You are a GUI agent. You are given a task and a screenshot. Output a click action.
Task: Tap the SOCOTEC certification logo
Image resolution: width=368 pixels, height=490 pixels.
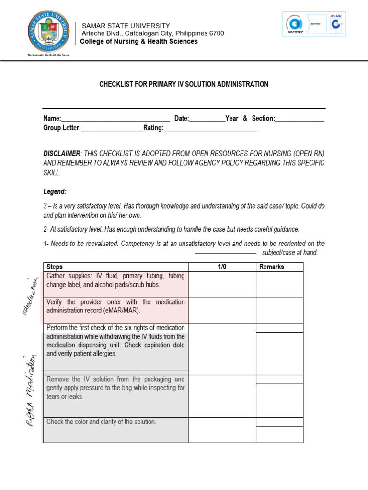[x=302, y=24]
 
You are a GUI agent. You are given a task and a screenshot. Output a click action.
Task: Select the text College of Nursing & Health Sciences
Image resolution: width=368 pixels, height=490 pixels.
[x=138, y=42]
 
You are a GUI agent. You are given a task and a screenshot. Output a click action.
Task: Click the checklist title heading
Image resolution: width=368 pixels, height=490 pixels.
[x=184, y=84]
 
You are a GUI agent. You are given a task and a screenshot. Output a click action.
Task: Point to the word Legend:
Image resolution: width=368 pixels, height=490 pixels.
[x=55, y=191]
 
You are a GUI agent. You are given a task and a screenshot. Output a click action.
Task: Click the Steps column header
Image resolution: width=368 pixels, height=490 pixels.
[x=54, y=267]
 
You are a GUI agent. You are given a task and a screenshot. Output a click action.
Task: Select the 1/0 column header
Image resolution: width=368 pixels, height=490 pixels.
[x=222, y=267]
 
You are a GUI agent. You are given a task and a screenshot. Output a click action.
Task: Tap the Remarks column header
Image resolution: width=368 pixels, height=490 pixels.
[x=272, y=267]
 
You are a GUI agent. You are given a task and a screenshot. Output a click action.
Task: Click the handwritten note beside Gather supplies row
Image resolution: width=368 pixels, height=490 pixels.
[x=30, y=297]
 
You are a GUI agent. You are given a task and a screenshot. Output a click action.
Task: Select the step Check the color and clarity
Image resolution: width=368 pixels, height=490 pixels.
[x=101, y=422]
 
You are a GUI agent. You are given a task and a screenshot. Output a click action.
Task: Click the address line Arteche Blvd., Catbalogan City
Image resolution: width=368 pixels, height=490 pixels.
[x=153, y=33]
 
